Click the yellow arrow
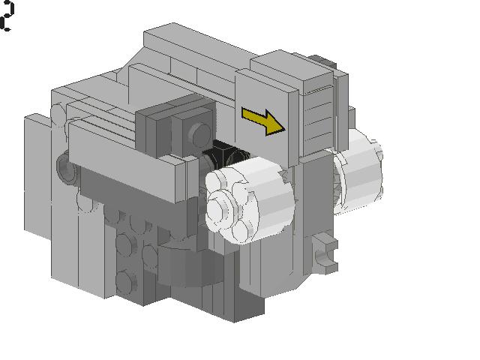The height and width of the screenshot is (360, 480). click(x=262, y=121)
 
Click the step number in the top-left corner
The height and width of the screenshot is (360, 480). click(x=6, y=16)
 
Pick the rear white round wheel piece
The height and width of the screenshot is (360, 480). click(x=358, y=172)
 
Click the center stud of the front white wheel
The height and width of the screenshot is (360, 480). click(x=224, y=205)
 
